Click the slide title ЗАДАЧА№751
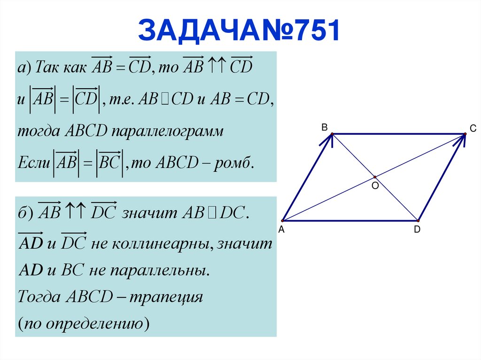point(239,31)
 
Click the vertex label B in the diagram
point(324,127)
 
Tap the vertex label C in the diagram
point(473,128)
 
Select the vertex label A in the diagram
point(281,230)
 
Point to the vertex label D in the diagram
point(417,230)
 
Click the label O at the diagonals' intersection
point(375,185)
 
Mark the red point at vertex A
point(283,220)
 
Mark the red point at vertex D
point(417,220)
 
